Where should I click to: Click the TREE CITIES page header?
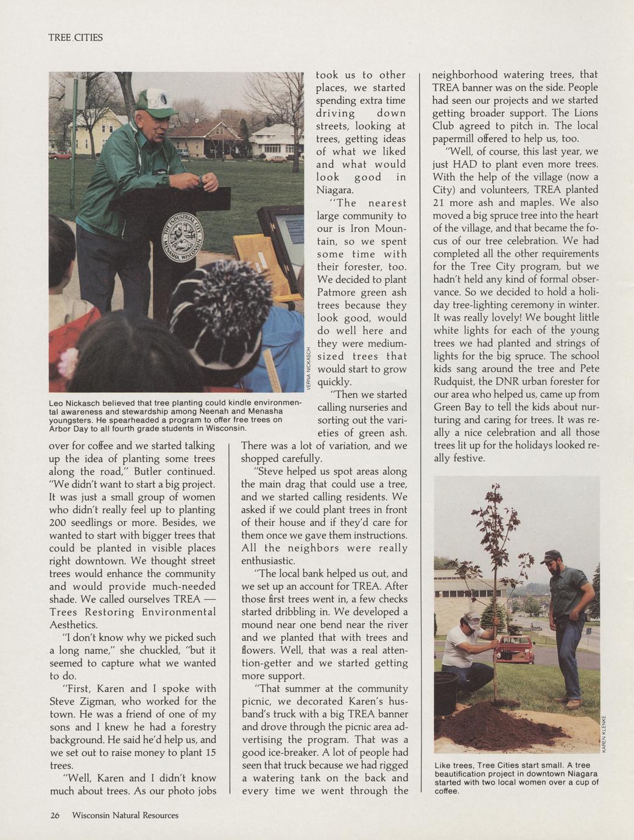[76, 38]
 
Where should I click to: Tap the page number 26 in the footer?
[55, 815]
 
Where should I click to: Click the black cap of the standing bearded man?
[551, 556]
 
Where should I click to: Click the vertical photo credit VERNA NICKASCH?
[309, 368]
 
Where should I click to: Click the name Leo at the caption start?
[55, 403]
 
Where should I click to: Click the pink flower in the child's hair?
[68, 361]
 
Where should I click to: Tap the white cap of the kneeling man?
[471, 620]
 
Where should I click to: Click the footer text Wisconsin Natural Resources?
[125, 815]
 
